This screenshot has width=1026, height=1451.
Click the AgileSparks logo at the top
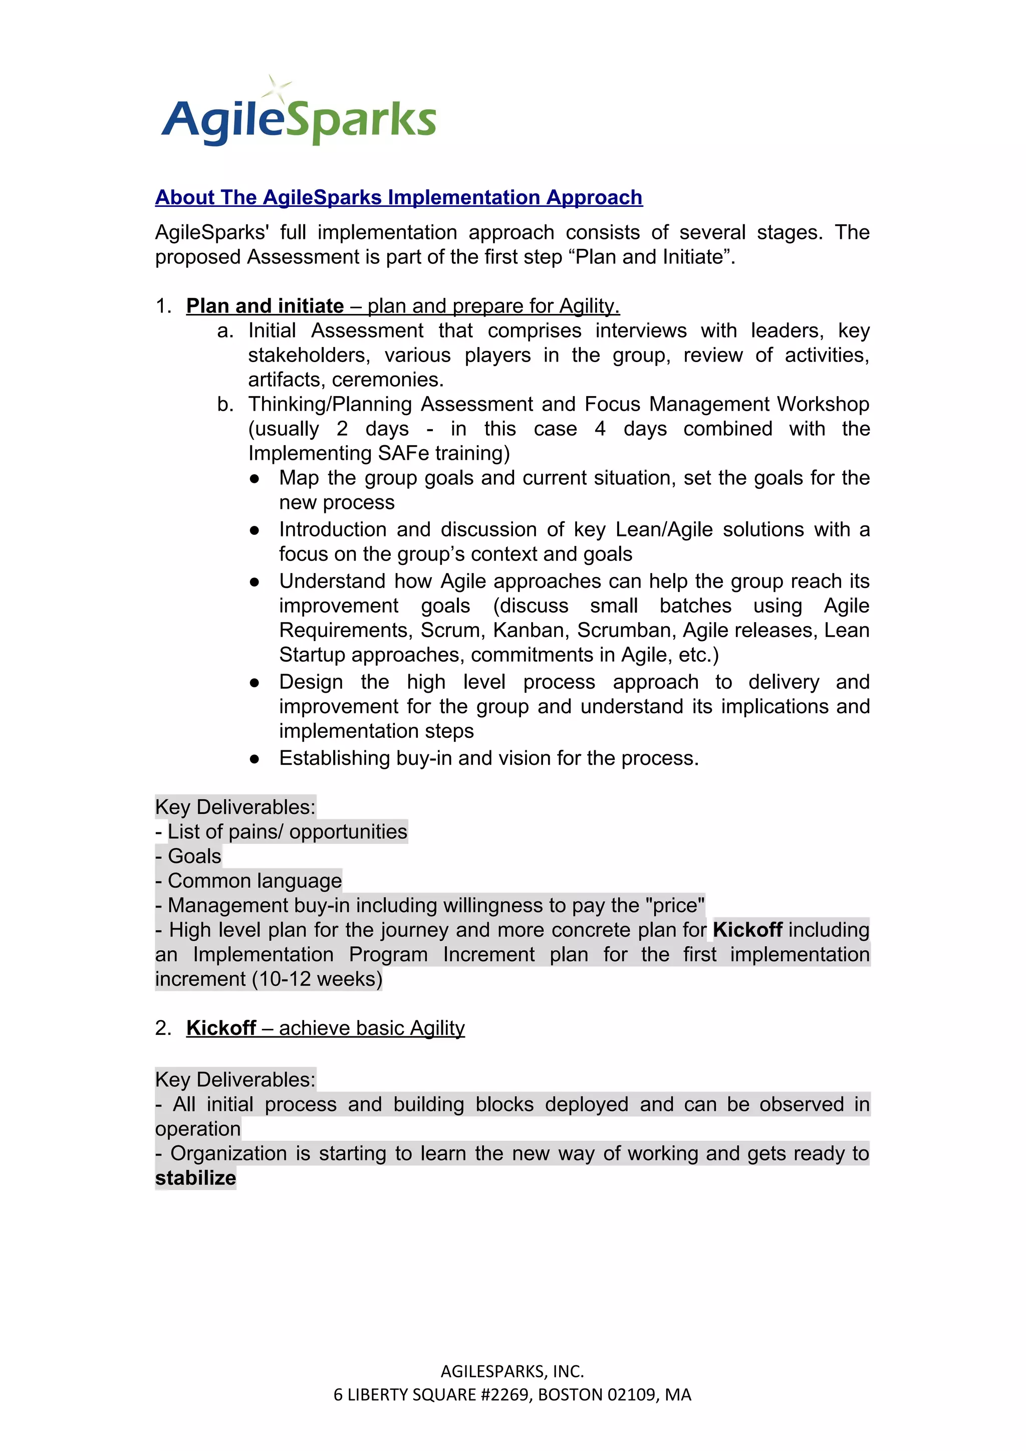click(299, 119)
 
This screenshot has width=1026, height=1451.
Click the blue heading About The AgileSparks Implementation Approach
click(398, 197)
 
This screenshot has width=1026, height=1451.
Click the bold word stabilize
click(195, 1178)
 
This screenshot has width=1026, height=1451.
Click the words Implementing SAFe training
click(378, 453)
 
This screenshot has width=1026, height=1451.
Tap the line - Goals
click(188, 856)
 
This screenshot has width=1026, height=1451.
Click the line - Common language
click(248, 881)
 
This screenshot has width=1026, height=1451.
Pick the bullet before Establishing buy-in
click(254, 758)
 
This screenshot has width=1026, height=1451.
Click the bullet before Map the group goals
click(254, 478)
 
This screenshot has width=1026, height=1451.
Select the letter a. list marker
click(224, 331)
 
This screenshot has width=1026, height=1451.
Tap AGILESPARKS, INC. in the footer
click(512, 1371)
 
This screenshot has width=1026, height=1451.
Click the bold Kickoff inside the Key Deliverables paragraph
click(747, 930)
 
